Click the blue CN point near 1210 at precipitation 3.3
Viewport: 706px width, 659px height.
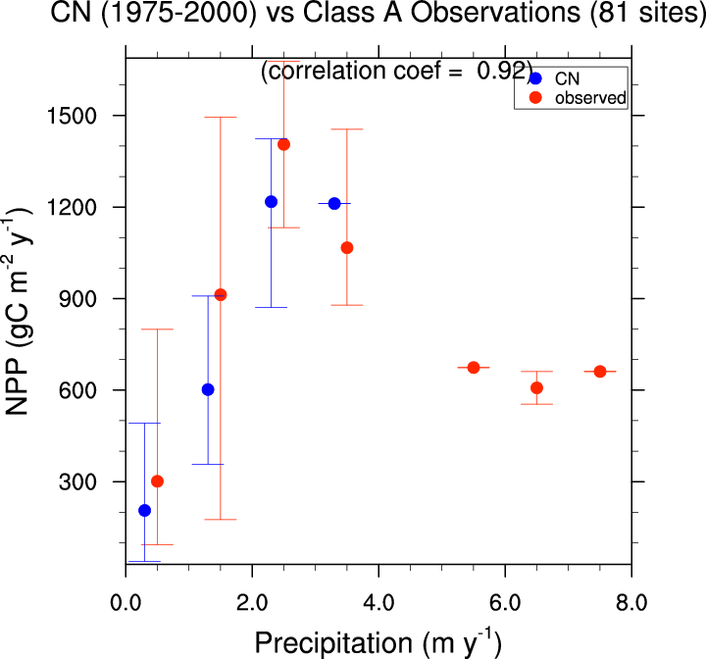(334, 203)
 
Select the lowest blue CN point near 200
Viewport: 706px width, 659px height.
(145, 510)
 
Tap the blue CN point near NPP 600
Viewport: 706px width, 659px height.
(208, 389)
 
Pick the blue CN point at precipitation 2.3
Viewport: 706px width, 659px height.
(272, 201)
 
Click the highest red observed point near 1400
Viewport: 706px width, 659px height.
(284, 144)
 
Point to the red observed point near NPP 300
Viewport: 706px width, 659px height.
(158, 482)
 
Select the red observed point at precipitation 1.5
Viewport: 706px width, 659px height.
(221, 294)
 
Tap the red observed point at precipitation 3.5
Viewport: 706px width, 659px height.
(347, 247)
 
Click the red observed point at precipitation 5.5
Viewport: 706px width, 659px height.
(474, 368)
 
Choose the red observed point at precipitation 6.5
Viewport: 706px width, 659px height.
(536, 387)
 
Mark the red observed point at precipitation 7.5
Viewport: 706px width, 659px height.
(600, 372)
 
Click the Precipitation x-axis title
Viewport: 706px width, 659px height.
(378, 642)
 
